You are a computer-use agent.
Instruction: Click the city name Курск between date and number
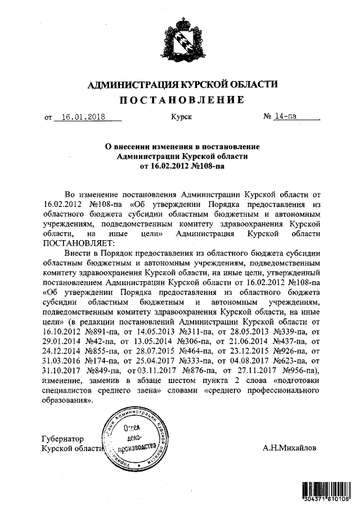pyautogui.click(x=181, y=118)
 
